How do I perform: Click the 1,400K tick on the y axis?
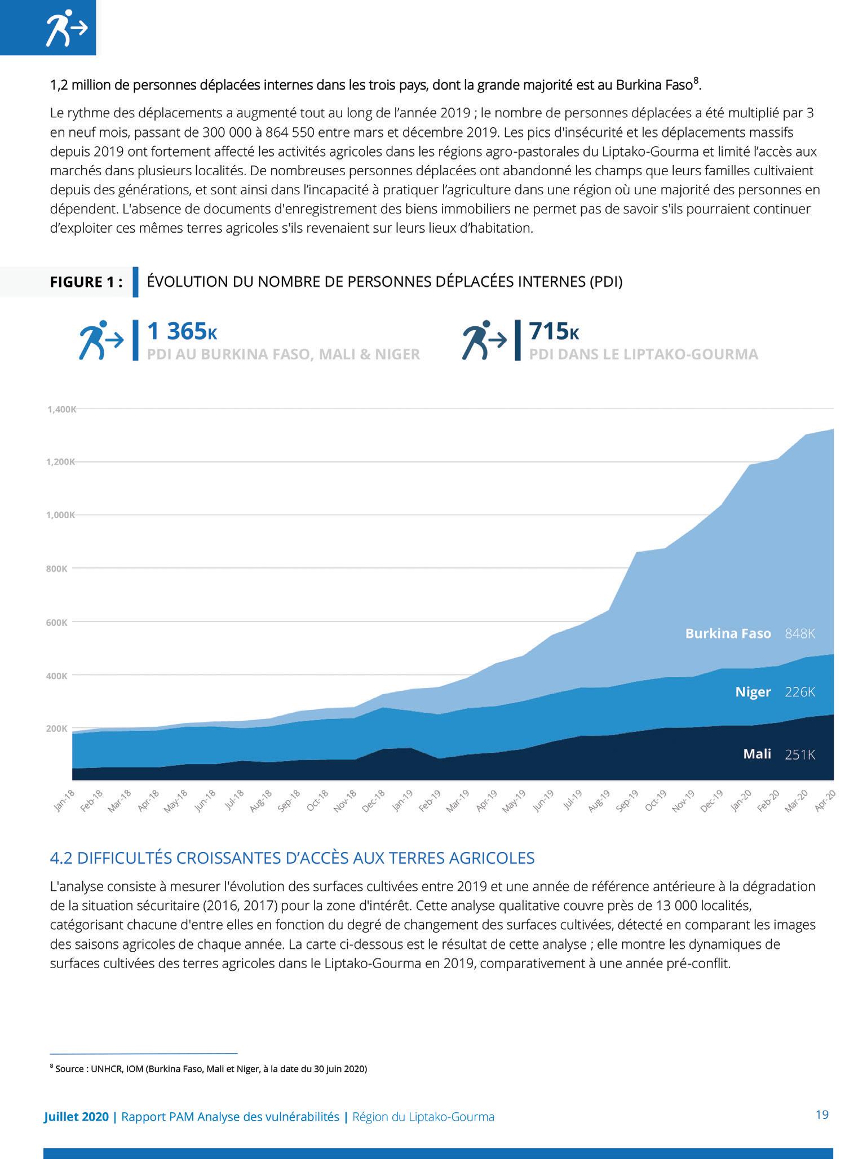61,409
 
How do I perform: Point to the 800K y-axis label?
57,569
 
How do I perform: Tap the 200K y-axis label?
57,729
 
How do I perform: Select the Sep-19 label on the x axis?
626,801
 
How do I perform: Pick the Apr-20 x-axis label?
824,801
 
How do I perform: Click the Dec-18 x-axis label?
373,801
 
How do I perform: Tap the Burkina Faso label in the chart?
728,633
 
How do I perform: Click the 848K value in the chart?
800,633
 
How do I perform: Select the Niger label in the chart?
753,692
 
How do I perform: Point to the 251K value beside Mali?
800,754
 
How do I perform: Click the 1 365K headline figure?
182,331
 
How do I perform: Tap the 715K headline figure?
554,331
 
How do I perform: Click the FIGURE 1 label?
86,282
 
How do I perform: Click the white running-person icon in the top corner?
66,28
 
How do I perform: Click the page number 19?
822,1114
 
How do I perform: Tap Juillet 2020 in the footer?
76,1116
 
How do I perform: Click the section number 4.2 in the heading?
61,858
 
